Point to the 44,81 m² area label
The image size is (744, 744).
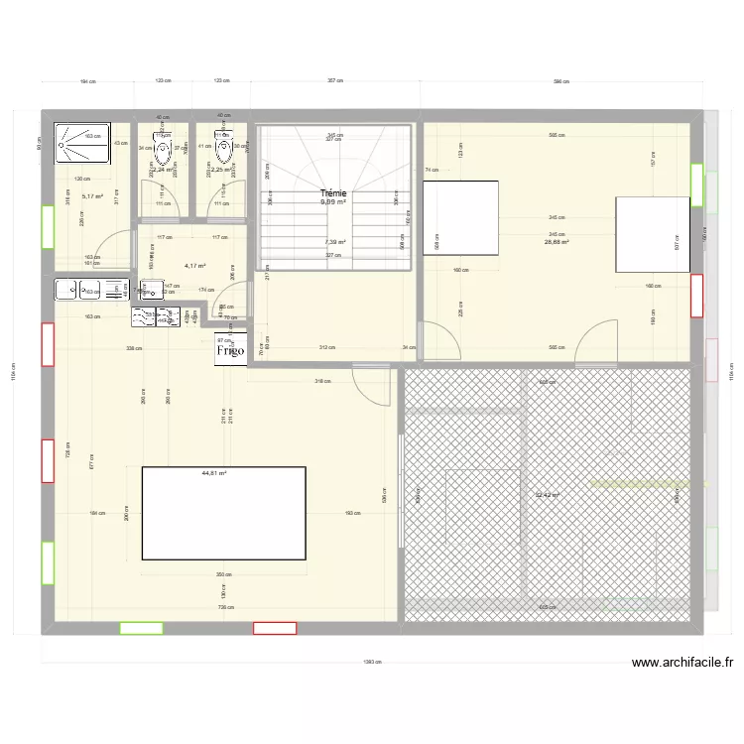(213, 474)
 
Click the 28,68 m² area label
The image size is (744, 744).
(556, 241)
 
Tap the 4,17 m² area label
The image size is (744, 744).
(194, 266)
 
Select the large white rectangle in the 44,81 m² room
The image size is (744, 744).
(223, 513)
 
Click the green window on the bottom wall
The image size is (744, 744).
(141, 627)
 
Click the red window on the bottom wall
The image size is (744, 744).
(275, 627)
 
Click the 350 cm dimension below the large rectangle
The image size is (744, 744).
(223, 573)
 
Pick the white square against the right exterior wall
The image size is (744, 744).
(652, 234)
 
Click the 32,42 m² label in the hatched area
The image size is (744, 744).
(547, 494)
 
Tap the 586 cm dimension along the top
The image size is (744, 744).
(561, 81)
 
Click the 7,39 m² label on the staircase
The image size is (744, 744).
(334, 241)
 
